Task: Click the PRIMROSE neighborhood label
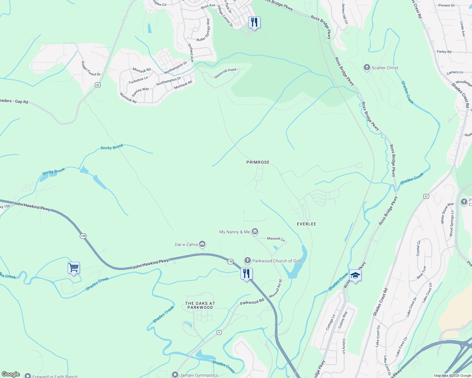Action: point(258,162)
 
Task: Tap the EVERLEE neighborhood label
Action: point(306,224)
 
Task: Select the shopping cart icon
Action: point(74,268)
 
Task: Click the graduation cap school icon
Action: point(355,276)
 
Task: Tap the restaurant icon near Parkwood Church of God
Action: point(246,274)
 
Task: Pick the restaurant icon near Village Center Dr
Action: point(254,22)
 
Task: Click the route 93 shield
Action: point(98,85)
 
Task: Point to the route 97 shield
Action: point(426,196)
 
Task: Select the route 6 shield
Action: point(219,332)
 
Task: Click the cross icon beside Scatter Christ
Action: point(367,67)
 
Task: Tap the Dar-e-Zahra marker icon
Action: point(202,244)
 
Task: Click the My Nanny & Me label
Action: point(234,232)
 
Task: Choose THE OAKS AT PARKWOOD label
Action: point(200,305)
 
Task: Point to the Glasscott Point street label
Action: point(225,74)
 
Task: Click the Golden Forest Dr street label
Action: point(91,69)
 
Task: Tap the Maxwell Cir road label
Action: point(276,239)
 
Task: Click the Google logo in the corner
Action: point(10,374)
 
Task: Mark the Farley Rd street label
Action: point(444,52)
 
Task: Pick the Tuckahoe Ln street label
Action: point(138,80)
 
